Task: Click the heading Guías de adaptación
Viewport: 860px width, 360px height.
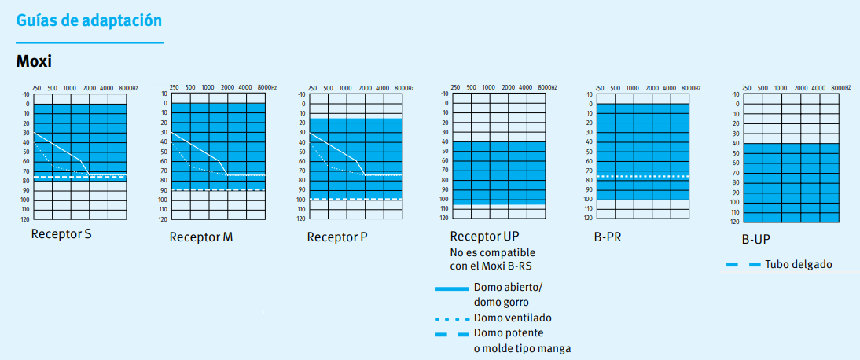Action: pos(90,20)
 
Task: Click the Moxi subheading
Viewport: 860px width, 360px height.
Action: pos(34,60)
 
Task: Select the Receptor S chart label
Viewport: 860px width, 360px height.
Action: pos(61,233)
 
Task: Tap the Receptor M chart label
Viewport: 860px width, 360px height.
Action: pos(200,237)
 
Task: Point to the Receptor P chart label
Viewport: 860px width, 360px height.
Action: pos(337,237)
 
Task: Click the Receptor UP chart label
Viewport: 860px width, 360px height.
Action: pos(484,236)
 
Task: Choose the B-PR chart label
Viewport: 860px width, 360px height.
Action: pos(608,236)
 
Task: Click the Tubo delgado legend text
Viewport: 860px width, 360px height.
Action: pos(798,265)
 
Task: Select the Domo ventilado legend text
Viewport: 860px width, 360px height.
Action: pos(512,318)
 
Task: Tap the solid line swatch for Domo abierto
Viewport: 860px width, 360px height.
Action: pos(451,290)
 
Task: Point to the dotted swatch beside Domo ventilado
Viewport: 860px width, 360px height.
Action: pos(451,320)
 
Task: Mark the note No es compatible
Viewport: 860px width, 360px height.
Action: pos(492,252)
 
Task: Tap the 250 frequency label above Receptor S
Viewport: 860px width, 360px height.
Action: pos(36,87)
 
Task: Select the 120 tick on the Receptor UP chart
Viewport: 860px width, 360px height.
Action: pos(444,218)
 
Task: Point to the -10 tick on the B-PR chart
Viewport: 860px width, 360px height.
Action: pos(587,94)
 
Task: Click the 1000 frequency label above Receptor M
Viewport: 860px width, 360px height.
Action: pos(208,87)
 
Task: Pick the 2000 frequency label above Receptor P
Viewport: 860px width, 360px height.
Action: pos(364,87)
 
